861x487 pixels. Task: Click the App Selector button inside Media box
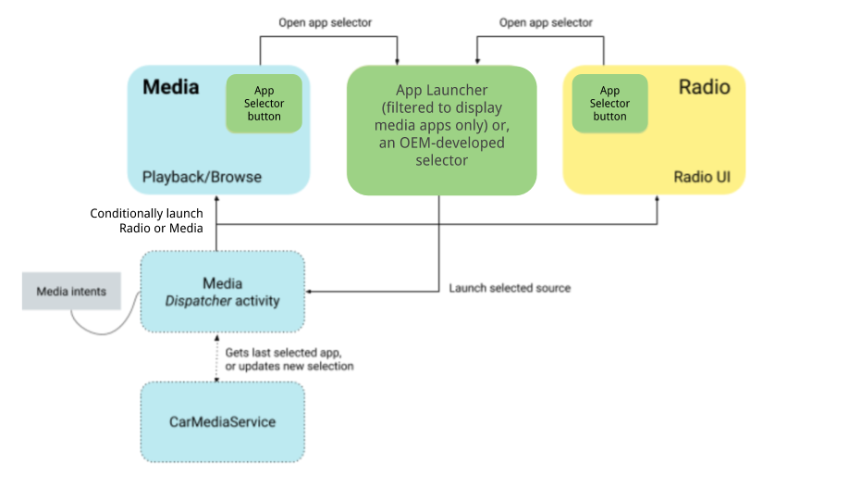pyautogui.click(x=264, y=104)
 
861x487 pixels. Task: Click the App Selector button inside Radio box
pyautogui.click(x=609, y=104)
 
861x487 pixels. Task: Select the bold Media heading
pyautogui.click(x=171, y=88)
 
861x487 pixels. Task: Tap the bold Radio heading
pyautogui.click(x=704, y=88)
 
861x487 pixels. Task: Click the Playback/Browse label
pyautogui.click(x=202, y=177)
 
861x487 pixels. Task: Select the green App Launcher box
pyautogui.click(x=441, y=130)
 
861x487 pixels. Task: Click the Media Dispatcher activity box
pyautogui.click(x=222, y=292)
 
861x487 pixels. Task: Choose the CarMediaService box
pyautogui.click(x=222, y=422)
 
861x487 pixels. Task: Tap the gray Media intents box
pyautogui.click(x=71, y=292)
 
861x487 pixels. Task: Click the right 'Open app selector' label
pyautogui.click(x=546, y=22)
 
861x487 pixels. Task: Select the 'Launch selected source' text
pyautogui.click(x=510, y=288)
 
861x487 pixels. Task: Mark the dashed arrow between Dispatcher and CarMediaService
pyautogui.click(x=216, y=357)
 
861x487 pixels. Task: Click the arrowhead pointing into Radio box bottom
pyautogui.click(x=658, y=200)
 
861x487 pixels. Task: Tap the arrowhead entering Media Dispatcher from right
pyautogui.click(x=311, y=292)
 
